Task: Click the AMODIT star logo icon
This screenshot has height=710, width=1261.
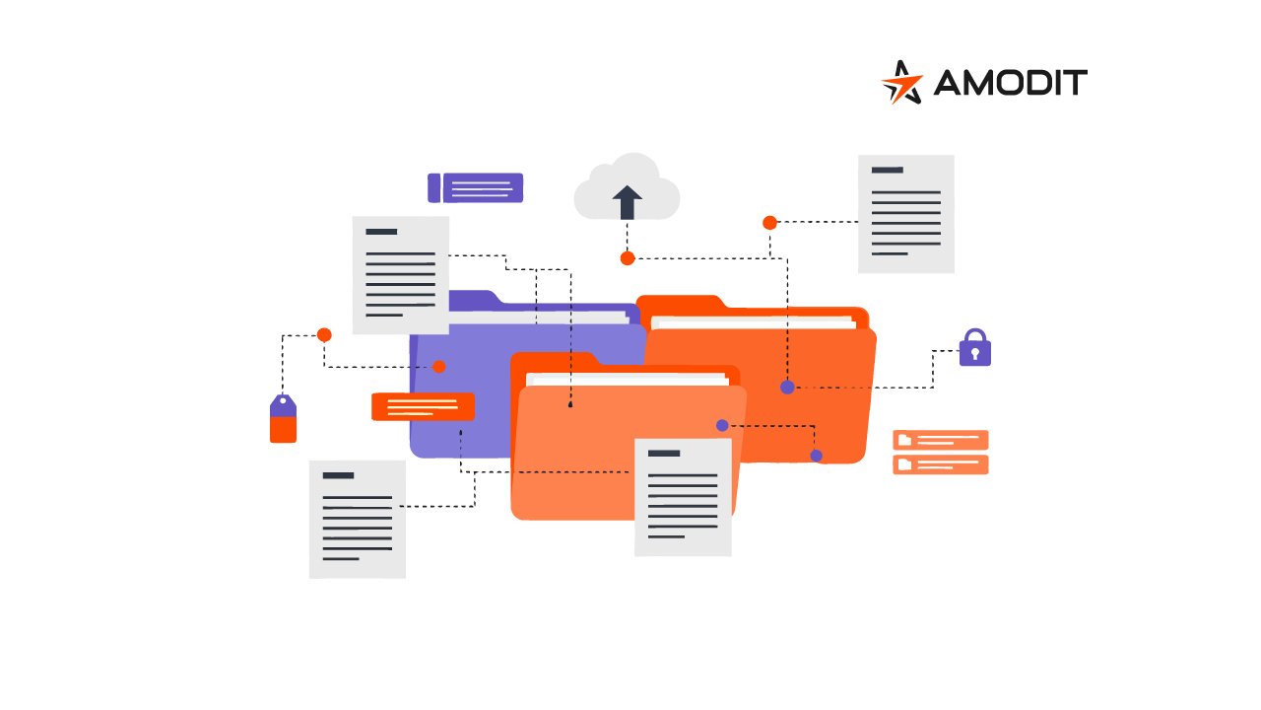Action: [x=901, y=82]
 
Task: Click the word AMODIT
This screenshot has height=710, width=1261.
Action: [x=1011, y=82]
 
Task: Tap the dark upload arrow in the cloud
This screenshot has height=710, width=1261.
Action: [x=628, y=202]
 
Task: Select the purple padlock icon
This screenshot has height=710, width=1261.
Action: [x=975, y=347]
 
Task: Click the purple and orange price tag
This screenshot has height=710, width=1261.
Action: [x=283, y=418]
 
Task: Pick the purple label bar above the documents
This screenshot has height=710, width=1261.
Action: [x=475, y=187]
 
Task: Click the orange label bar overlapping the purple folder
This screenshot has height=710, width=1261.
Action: [x=423, y=406]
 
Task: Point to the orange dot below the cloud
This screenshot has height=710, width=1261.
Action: [x=628, y=258]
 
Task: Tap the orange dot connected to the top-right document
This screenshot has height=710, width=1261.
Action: [x=769, y=223]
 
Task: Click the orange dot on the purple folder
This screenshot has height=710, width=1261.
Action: [x=439, y=367]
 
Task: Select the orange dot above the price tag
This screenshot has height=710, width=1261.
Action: [x=324, y=335]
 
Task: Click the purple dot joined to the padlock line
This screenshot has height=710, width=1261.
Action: [x=787, y=388]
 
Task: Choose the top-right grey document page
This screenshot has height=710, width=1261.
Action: [x=905, y=214]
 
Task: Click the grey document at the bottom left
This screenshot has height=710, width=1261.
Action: [x=358, y=520]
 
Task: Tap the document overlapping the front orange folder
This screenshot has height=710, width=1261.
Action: [x=683, y=498]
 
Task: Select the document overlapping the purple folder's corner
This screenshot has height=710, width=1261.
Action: [x=401, y=275]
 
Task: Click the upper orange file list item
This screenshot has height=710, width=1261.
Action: [x=941, y=440]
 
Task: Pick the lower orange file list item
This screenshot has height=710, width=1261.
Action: [x=941, y=464]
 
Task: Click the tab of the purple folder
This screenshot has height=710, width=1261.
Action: [x=474, y=300]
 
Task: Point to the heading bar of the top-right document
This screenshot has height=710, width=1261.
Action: [x=888, y=170]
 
